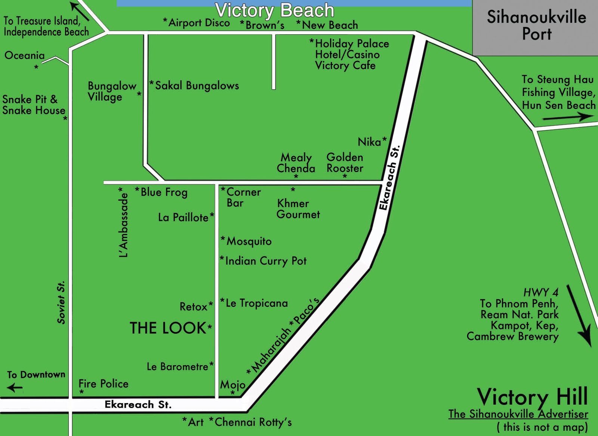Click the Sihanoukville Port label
536,25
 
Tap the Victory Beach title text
274,10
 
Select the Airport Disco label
199,23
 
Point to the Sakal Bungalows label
197,85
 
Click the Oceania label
24,56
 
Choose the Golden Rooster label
345,163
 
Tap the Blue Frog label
164,192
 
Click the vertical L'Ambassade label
123,225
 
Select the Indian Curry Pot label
265,261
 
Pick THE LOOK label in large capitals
168,328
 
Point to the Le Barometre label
177,367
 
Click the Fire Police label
104,384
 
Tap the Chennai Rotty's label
253,422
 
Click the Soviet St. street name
61,302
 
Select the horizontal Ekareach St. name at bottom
138,405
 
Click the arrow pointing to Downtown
15,388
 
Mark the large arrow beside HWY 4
579,315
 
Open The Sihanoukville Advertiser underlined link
518,414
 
